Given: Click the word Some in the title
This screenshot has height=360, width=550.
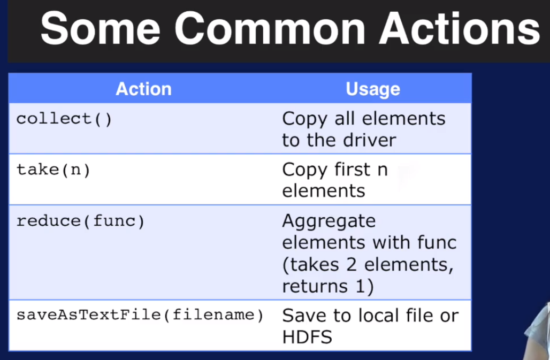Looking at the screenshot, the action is click(x=101, y=28).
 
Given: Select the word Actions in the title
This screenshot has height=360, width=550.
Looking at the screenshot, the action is click(x=460, y=28).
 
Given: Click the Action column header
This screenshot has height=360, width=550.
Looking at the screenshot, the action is click(x=144, y=89).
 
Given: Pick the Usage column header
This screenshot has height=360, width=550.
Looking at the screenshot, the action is click(x=373, y=89).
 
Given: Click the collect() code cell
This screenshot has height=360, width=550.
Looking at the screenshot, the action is click(x=64, y=119).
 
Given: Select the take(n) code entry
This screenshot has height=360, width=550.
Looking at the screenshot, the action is click(x=54, y=170).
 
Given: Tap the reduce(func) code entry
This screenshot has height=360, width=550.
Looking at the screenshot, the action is click(x=80, y=221).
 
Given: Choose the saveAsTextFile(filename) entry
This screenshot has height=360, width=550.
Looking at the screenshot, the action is click(x=140, y=315).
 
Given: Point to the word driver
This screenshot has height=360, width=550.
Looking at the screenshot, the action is click(x=369, y=140).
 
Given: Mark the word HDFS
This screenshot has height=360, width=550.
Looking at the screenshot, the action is click(x=307, y=337).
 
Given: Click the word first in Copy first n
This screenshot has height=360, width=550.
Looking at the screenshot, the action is click(x=352, y=170).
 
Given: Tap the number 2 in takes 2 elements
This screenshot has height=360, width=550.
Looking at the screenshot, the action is click(x=352, y=265).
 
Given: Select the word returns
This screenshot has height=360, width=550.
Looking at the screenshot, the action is click(x=315, y=287).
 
